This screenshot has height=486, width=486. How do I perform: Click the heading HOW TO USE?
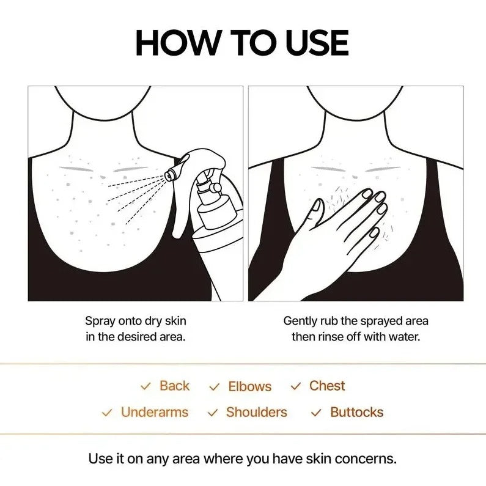pyautogui.click(x=242, y=43)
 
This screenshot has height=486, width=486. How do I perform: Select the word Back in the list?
pyautogui.click(x=174, y=386)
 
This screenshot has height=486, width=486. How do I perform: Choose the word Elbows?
pyautogui.click(x=249, y=386)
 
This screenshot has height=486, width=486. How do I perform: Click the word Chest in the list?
pyautogui.click(x=327, y=386)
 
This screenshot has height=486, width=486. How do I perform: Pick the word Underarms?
pyautogui.click(x=155, y=412)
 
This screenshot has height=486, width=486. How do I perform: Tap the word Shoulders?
pyautogui.click(x=256, y=412)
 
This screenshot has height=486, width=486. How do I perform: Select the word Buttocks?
pyautogui.click(x=356, y=412)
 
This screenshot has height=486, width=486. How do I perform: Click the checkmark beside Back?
pyautogui.click(x=145, y=386)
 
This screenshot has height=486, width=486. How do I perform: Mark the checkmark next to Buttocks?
pyautogui.click(x=316, y=413)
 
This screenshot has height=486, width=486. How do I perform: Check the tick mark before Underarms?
pyautogui.click(x=107, y=413)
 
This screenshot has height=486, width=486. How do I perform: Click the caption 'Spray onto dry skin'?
pyautogui.click(x=135, y=320)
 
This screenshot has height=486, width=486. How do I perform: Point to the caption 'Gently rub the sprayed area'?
pyautogui.click(x=356, y=320)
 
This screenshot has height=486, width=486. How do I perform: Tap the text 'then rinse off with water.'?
pyautogui.click(x=356, y=337)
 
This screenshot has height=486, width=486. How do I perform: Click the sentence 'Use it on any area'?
pyautogui.click(x=243, y=458)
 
